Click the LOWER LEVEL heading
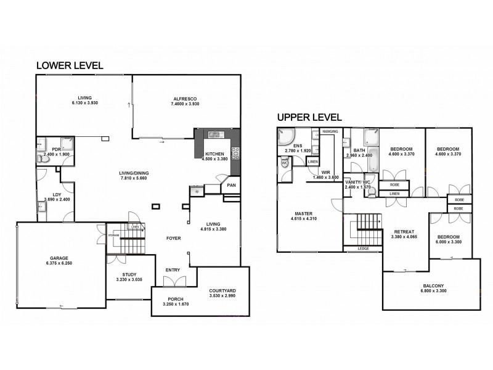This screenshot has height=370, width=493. tap(69, 65)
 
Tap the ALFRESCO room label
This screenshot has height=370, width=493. tap(184, 97)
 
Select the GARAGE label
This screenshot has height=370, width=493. tap(59, 258)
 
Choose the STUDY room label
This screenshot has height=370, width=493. tap(129, 275)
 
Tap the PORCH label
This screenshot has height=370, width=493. tap(172, 301)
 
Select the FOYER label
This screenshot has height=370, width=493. tap(173, 237)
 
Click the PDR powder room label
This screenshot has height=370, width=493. tap(55, 149)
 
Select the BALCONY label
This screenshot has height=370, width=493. tap(431, 286)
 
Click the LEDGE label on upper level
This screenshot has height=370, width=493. tap(364, 249)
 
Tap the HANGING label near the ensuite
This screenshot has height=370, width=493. tap(330, 131)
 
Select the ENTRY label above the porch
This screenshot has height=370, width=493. tap(173, 270)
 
